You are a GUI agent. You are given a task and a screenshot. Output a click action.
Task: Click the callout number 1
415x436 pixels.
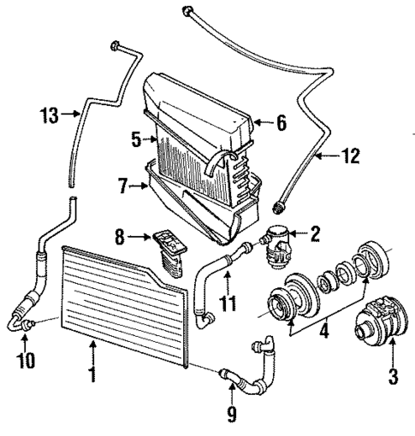point(90,373)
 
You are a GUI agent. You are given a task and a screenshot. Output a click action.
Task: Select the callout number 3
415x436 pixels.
point(394,374)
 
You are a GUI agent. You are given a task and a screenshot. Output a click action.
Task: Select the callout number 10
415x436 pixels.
point(27,360)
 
